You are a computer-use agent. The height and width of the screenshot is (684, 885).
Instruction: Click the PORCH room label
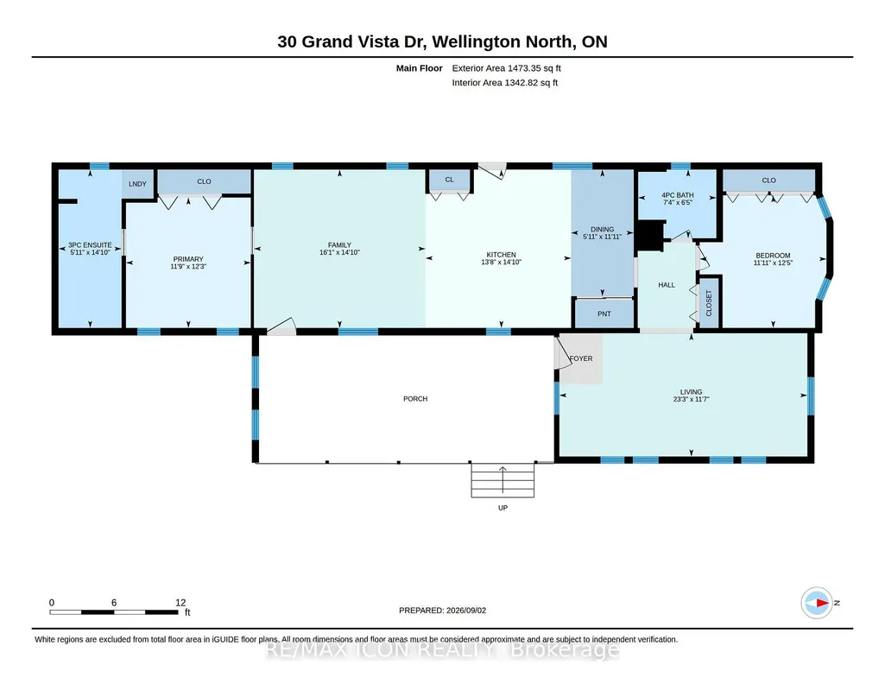point(415,398)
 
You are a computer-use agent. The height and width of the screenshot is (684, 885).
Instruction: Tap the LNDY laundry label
point(138,184)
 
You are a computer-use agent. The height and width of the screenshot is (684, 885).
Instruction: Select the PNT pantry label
point(604,313)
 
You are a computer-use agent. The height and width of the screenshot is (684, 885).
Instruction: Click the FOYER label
point(581,358)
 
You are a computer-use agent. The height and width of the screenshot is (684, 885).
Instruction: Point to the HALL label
point(667,285)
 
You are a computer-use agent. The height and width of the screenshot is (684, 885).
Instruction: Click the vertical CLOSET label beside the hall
point(709,303)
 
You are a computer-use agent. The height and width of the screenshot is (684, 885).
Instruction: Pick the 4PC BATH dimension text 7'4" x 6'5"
point(677,203)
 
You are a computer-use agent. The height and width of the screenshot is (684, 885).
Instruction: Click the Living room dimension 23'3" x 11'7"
point(691,399)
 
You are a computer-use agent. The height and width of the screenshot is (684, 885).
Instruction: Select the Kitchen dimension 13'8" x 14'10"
point(501,262)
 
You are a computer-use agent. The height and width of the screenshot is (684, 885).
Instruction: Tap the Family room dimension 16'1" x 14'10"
point(339,252)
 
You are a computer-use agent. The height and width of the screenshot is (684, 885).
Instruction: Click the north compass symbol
point(817,603)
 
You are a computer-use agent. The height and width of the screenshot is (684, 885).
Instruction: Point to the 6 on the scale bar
point(114,603)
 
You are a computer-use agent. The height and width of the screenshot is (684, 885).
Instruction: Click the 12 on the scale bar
point(180,603)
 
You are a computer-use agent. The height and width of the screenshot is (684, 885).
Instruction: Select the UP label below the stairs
point(503,508)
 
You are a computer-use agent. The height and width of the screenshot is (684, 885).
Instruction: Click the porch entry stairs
point(503,480)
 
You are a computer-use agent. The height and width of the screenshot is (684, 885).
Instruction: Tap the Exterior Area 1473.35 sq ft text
point(506,68)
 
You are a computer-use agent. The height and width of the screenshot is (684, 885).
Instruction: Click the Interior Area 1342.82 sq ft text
point(504,82)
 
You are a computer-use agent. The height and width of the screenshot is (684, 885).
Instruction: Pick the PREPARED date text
point(442,610)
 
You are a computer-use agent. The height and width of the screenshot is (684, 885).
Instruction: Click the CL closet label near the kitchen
point(449,180)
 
